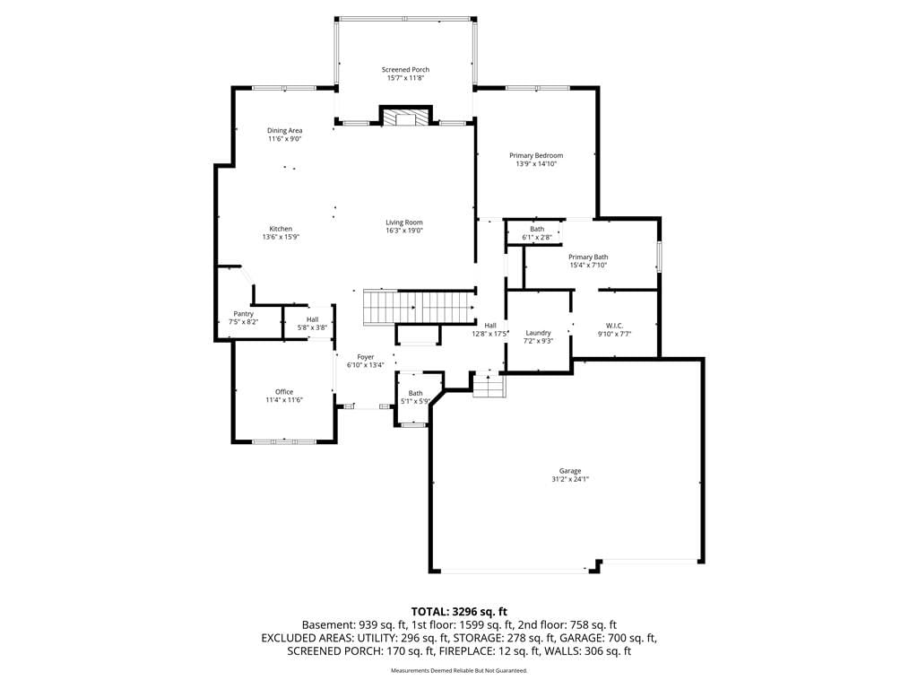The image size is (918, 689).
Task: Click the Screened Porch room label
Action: [x=405, y=69]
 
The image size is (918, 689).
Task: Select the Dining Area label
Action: [x=284, y=130]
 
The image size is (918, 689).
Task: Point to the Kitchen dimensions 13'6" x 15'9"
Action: [x=281, y=237]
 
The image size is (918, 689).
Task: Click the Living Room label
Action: [x=404, y=222]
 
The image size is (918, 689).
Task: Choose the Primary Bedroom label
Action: [x=536, y=155]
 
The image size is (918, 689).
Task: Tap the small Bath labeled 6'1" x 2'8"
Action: [x=537, y=233]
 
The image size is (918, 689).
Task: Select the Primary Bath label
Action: [x=588, y=257]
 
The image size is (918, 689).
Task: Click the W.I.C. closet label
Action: [x=614, y=325]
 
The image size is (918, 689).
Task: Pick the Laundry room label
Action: [x=538, y=332]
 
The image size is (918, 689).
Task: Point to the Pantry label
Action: [x=244, y=313]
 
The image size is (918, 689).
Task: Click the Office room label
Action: [x=284, y=391]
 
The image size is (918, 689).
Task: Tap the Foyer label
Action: [x=366, y=356]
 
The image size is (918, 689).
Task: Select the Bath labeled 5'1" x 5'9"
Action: [x=415, y=397]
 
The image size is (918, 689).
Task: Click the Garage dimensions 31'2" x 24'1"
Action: [x=569, y=479]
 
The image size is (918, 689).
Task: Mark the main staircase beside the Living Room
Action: [x=420, y=307]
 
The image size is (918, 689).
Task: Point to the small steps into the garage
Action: [x=489, y=385]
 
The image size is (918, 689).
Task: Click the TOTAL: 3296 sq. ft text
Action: [x=459, y=612]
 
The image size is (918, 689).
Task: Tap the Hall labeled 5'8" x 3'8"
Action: [x=312, y=323]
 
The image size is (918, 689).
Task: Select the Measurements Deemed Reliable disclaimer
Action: [x=459, y=670]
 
